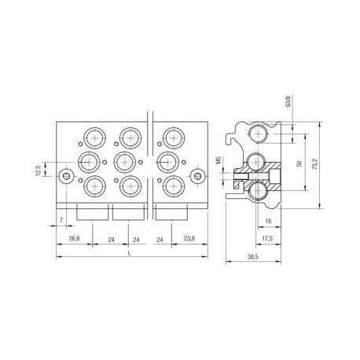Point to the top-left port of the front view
[95, 138]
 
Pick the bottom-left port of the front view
[95, 186]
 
